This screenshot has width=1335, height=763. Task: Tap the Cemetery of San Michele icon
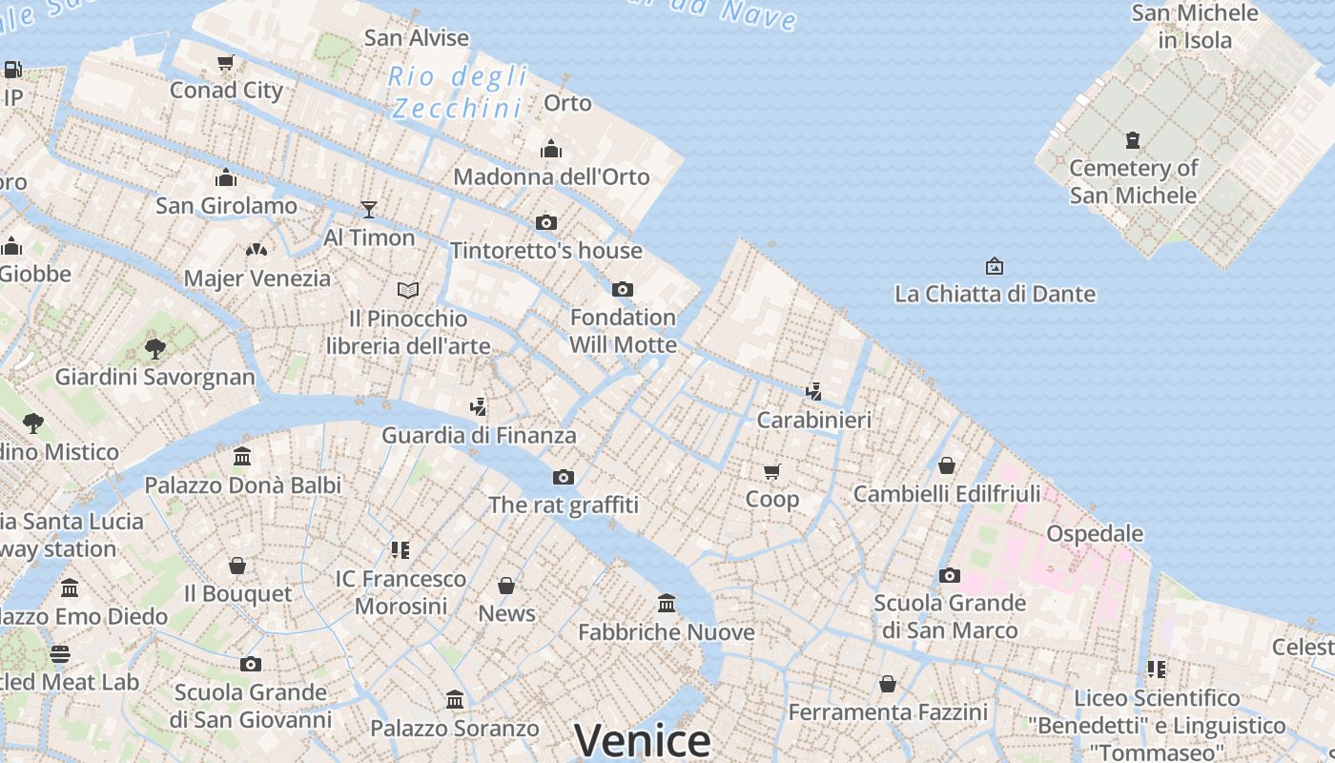[x=1133, y=140]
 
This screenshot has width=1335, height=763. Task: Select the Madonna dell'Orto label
[x=551, y=176]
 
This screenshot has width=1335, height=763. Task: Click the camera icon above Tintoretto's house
[x=546, y=222]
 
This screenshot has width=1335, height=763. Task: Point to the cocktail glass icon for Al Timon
[x=369, y=209]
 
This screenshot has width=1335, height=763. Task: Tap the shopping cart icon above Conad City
[x=226, y=63]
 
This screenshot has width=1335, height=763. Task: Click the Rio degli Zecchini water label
[x=458, y=92]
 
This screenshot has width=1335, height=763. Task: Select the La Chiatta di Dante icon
[x=995, y=265]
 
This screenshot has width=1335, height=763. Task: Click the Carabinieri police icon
[x=813, y=391]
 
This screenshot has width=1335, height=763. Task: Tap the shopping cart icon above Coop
[x=772, y=471]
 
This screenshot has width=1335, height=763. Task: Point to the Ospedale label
[x=1095, y=533]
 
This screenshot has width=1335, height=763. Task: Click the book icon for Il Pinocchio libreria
[x=408, y=290]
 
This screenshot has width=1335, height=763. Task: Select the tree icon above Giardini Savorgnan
[x=155, y=348]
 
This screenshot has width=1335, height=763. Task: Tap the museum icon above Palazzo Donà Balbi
[x=242, y=456]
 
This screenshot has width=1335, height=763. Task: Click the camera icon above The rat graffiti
[x=564, y=477]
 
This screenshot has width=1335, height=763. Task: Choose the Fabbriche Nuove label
[x=667, y=631]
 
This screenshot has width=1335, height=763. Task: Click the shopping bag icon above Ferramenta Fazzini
[x=888, y=684]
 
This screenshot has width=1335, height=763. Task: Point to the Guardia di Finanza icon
[x=479, y=407]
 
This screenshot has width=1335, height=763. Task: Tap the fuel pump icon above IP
[x=13, y=70]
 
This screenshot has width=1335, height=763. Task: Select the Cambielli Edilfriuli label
[x=947, y=494]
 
